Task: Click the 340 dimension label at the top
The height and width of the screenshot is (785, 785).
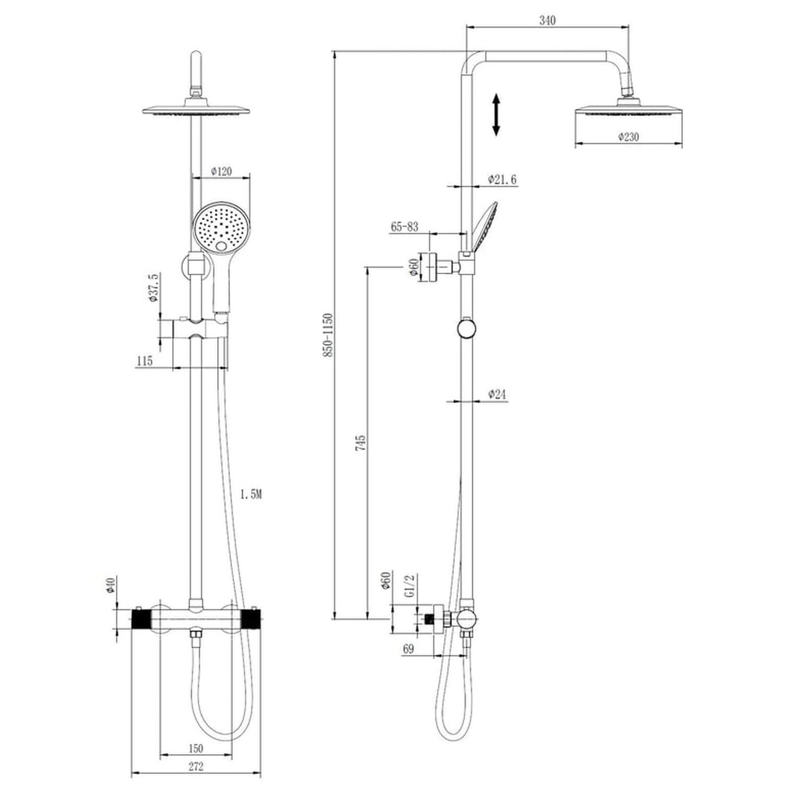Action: click(x=547, y=20)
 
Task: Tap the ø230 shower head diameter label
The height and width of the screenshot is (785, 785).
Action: click(x=629, y=137)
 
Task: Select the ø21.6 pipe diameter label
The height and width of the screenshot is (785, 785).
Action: click(x=502, y=180)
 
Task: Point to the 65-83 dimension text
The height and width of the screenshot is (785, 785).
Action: click(x=405, y=227)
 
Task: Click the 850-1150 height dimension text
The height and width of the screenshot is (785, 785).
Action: click(x=328, y=335)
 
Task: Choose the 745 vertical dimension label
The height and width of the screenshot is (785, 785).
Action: click(x=361, y=443)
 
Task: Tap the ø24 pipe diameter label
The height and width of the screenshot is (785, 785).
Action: click(x=497, y=395)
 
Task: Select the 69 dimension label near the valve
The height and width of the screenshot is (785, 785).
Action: click(x=409, y=649)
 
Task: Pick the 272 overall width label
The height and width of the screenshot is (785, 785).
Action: click(x=195, y=767)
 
